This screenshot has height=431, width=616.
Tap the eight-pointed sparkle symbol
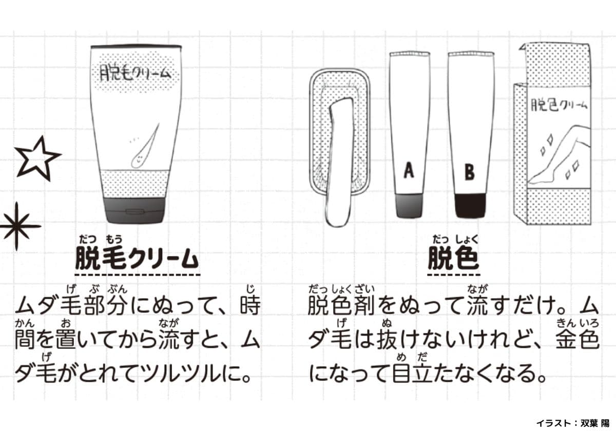[x=17, y=226]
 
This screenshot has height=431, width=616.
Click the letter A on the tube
[x=409, y=170]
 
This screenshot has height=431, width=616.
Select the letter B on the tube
[x=469, y=172]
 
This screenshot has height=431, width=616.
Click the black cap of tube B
[x=470, y=206]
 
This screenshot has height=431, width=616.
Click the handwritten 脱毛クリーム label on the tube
[x=135, y=72]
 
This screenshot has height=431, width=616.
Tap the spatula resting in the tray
[x=338, y=162]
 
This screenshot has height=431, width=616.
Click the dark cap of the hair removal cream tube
[x=135, y=210]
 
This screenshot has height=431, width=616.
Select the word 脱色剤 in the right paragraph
[x=341, y=305]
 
